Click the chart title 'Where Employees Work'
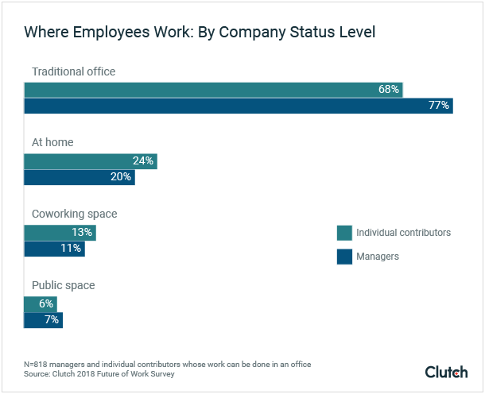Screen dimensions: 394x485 tap(200, 33)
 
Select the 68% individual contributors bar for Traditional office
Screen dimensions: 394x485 tap(213, 90)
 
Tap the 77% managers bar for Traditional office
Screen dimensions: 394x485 tap(238, 106)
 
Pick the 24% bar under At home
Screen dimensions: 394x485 tap(90, 161)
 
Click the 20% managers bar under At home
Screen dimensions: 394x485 tap(80, 177)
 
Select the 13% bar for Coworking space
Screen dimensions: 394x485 tap(60, 233)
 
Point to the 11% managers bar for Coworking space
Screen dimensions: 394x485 tap(54, 249)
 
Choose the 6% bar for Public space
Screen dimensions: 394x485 tap(40, 304)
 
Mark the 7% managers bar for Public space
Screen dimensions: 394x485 tap(43, 320)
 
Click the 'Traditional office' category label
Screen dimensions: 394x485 tap(73, 71)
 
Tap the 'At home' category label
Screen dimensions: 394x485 tap(52, 143)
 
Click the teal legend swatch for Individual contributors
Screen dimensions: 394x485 tap(344, 233)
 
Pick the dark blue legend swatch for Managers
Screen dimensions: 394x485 tap(344, 257)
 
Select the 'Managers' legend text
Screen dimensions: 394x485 tap(378, 257)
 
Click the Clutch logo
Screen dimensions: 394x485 tap(447, 372)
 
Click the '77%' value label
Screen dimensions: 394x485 tap(440, 106)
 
